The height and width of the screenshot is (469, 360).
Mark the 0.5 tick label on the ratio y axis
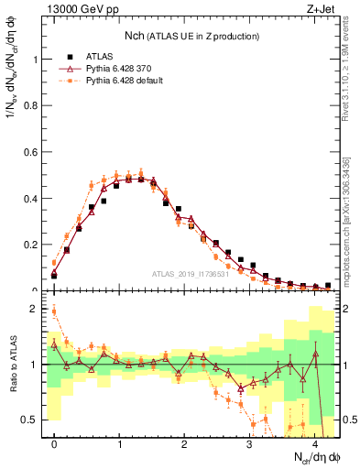33,420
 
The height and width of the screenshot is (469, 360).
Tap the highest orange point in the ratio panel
54,311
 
